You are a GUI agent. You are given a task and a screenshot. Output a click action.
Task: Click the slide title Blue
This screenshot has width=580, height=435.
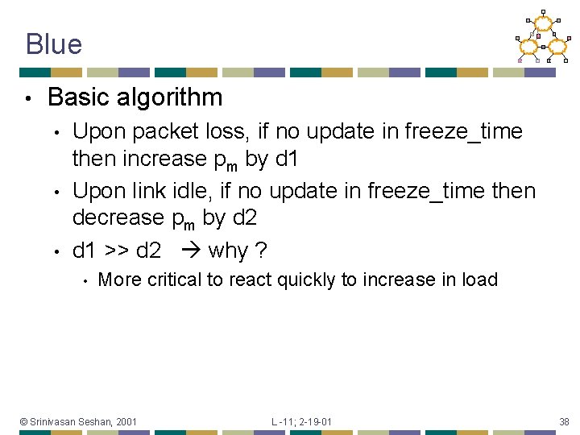tap(53, 43)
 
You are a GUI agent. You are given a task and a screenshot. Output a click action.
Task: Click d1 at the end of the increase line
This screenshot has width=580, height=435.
tap(286, 159)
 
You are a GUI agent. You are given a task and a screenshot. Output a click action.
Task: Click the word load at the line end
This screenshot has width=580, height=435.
tap(481, 280)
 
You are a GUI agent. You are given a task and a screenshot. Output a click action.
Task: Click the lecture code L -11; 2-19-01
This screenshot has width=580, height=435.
tap(301, 421)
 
